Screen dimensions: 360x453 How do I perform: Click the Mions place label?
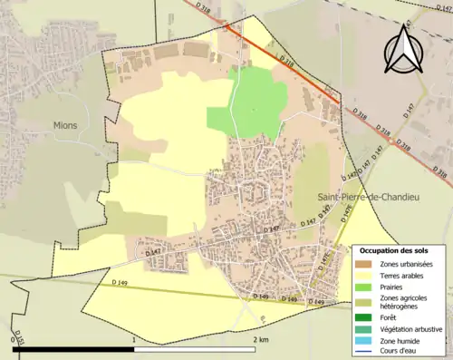[x=64, y=125]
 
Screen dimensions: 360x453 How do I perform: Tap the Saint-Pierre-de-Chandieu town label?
[x=361, y=197]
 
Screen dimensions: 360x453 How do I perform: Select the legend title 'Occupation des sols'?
[x=394, y=249]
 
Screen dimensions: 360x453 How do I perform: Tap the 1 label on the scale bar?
[x=134, y=339]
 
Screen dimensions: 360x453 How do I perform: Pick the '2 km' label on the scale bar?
[x=260, y=339]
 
